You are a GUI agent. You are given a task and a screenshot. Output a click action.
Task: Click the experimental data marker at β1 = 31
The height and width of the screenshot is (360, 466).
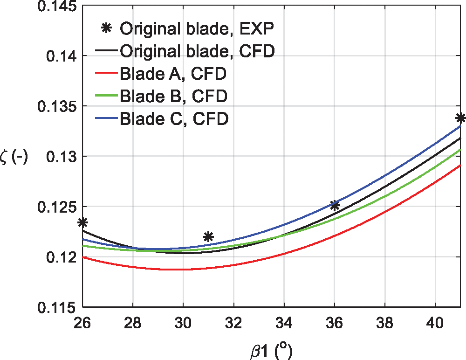209,236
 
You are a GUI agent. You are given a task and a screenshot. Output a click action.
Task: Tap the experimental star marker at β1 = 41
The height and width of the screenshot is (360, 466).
461,118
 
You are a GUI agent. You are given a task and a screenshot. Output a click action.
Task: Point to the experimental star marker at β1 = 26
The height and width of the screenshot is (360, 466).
83,222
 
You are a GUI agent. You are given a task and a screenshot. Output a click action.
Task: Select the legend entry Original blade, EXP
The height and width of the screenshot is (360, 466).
196,28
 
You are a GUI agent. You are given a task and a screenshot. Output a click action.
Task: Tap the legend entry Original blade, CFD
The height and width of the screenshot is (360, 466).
196,51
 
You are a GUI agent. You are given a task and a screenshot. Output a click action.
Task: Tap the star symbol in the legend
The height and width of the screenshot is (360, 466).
107,28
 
